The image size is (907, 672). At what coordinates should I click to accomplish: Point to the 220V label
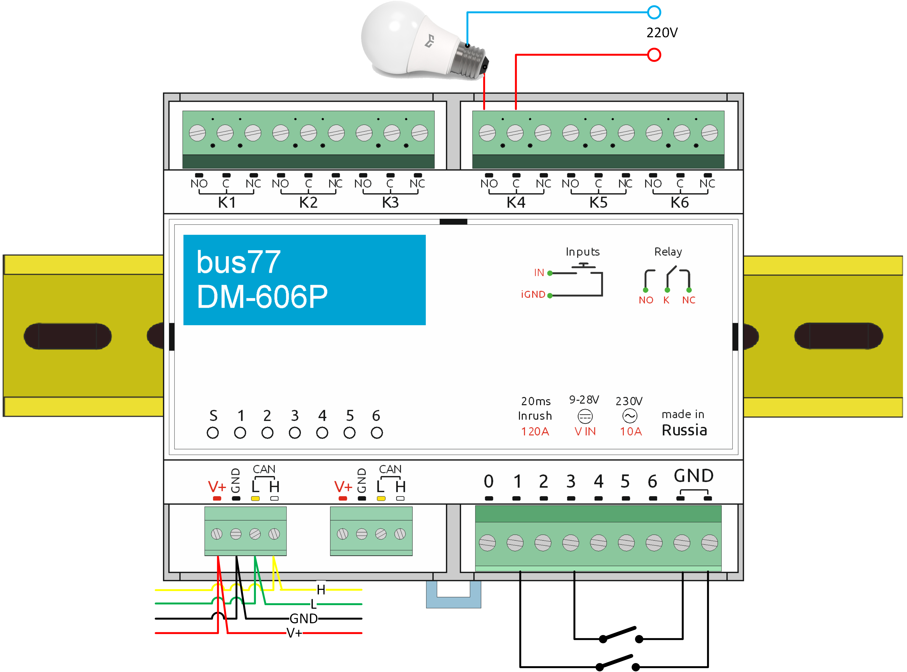tap(662, 33)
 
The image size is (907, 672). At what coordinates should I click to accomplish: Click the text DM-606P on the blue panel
tap(262, 297)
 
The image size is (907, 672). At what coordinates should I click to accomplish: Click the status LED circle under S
tap(213, 433)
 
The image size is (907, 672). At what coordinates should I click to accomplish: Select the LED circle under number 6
tap(377, 433)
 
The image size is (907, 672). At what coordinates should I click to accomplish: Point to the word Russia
tap(684, 430)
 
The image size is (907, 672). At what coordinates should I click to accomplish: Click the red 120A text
tap(535, 432)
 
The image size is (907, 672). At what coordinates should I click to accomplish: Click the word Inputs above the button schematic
tap(582, 252)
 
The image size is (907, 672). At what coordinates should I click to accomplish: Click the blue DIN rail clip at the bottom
tap(453, 595)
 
